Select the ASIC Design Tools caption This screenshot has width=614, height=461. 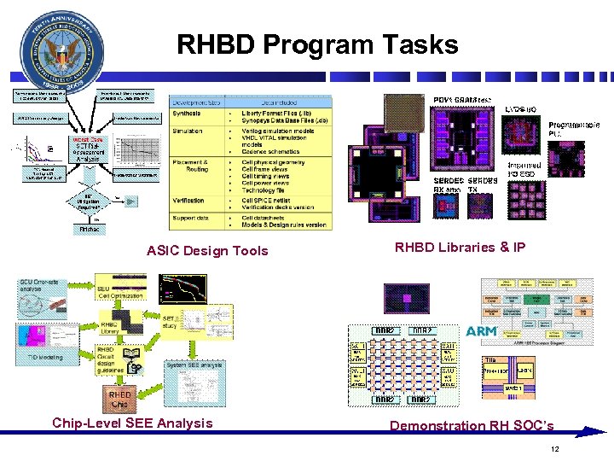tap(207, 250)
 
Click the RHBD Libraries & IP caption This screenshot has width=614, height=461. tap(460, 248)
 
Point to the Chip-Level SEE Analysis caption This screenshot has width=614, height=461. tap(132, 423)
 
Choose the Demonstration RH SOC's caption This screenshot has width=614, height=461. tap(472, 425)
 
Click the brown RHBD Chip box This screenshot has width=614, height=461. tap(119, 399)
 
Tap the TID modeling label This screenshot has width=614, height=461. tap(45, 358)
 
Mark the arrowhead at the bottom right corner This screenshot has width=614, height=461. tap(598, 432)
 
